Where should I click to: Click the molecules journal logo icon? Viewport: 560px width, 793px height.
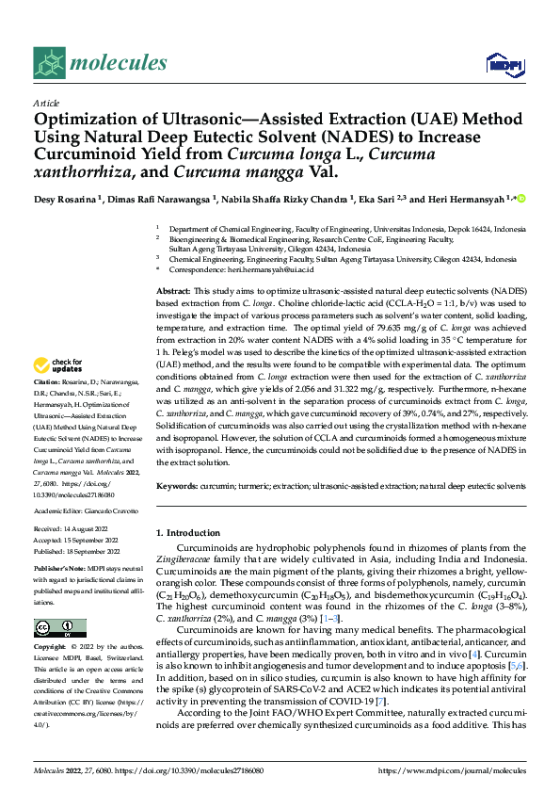tap(51, 62)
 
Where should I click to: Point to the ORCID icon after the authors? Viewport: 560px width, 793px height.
tap(520, 199)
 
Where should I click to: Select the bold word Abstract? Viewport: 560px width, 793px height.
tap(173, 293)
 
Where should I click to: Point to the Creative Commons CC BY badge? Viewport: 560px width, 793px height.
tap(59, 628)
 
